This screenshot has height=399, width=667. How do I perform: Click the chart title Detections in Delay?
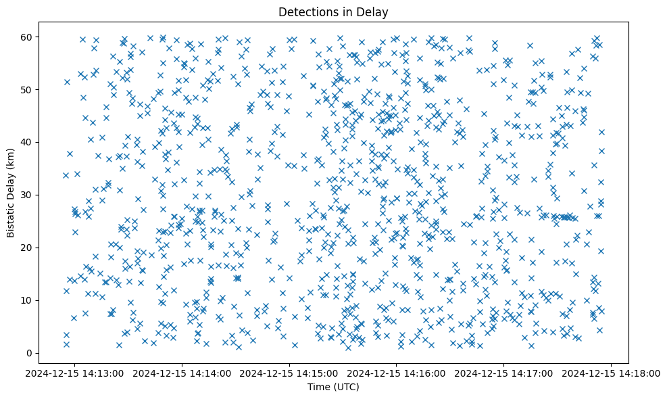333,11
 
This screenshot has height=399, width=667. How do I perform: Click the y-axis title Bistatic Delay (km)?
11,195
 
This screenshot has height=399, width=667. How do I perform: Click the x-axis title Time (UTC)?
333,387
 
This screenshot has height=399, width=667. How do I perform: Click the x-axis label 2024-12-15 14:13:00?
75,373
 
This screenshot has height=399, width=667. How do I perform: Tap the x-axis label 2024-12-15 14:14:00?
182,373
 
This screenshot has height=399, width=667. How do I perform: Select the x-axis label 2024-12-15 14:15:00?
290,373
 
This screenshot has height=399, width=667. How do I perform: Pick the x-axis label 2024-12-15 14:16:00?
397,373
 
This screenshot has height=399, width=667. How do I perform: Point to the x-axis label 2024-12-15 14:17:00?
504,373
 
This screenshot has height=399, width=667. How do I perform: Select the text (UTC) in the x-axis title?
345,387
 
